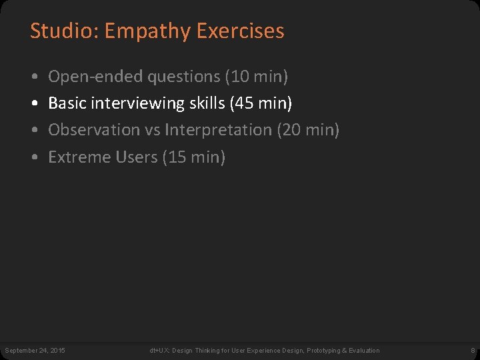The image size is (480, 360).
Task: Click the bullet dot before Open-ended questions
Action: click(x=34, y=77)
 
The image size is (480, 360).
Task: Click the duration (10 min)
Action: click(x=257, y=77)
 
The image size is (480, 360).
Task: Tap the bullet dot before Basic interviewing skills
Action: click(x=34, y=104)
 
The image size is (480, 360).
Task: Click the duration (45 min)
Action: click(x=261, y=104)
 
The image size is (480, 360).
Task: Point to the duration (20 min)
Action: click(x=308, y=130)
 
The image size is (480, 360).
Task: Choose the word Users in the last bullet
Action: click(x=136, y=157)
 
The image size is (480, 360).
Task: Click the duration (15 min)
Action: click(x=194, y=157)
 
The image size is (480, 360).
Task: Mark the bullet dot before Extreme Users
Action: click(x=34, y=157)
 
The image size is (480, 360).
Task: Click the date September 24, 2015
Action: click(x=35, y=350)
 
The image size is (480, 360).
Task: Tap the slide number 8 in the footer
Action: click(x=472, y=350)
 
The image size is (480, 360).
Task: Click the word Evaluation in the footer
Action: click(x=363, y=350)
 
